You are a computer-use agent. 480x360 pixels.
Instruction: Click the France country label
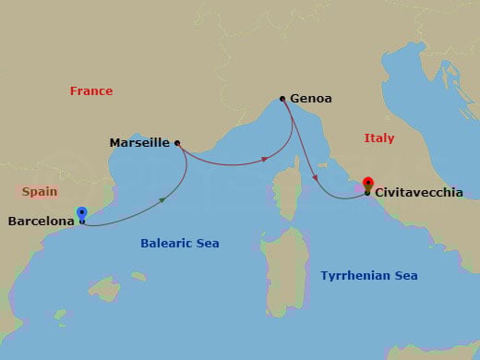tap(91, 90)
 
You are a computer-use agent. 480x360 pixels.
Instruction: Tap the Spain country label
tap(40, 192)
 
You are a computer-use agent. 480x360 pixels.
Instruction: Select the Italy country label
tap(378, 138)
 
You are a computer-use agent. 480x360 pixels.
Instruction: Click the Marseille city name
tap(139, 143)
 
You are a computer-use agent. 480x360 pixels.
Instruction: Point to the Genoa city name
tap(311, 98)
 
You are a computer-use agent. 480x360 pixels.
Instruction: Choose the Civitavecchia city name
tap(419, 194)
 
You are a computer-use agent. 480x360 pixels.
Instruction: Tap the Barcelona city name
tap(42, 222)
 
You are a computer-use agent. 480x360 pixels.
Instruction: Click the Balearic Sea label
tap(179, 244)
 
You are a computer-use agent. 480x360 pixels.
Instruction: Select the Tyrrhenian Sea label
tap(368, 275)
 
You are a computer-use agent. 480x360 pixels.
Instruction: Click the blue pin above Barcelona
tap(82, 212)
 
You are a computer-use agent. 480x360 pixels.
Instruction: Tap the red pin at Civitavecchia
tap(367, 183)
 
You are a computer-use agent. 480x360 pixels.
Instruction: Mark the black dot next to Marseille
tap(177, 143)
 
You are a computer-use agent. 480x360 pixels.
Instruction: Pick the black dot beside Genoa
tap(282, 97)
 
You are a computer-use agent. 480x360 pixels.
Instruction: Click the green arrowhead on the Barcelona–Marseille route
tap(163, 199)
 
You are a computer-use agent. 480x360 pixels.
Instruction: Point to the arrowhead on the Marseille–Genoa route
tap(266, 159)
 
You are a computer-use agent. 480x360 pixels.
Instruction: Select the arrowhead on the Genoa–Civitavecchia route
tap(317, 178)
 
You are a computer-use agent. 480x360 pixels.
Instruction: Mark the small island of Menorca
tap(138, 275)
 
